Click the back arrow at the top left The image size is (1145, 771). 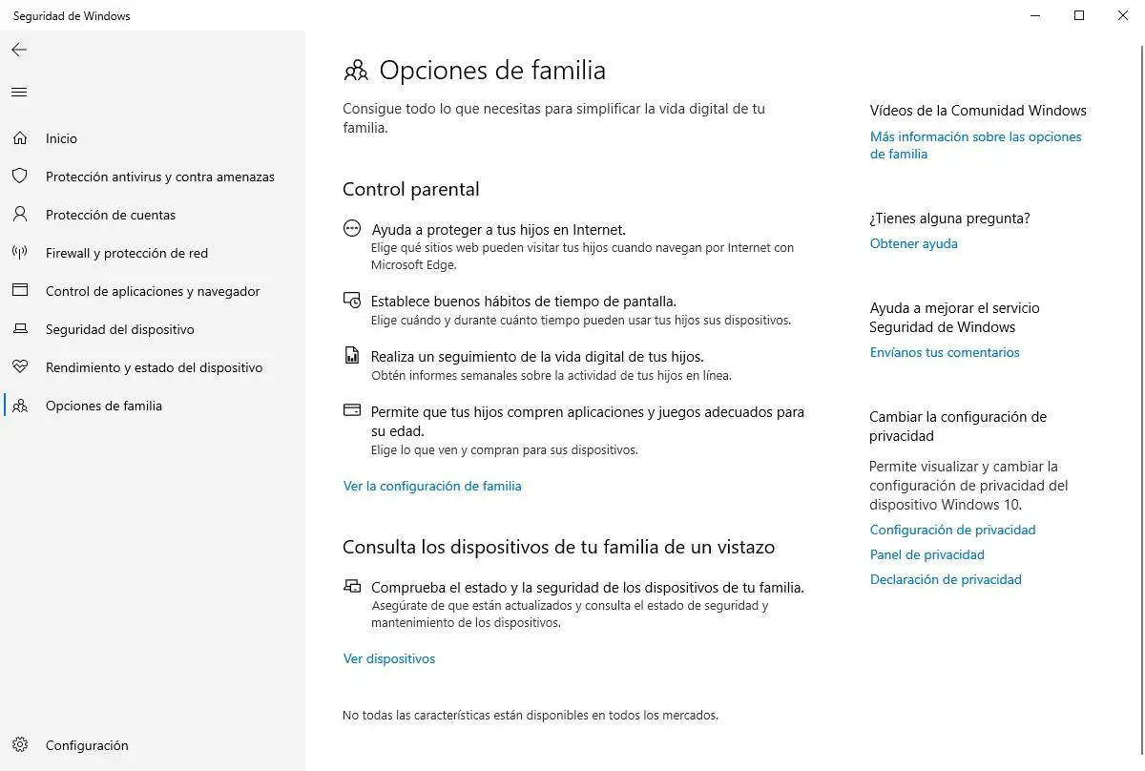coord(19,50)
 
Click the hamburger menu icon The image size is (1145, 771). coord(19,93)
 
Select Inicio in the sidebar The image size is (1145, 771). coord(61,138)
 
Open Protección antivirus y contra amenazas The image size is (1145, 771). coord(159,177)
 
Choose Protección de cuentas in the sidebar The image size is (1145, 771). coord(111,215)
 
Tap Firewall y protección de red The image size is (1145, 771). coord(126,253)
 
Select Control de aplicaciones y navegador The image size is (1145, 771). coord(153,291)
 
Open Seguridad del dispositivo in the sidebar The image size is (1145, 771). coord(119,329)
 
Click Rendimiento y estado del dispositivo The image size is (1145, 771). coord(154,367)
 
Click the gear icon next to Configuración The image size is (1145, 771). coord(20,745)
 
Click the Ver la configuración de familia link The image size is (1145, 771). coord(432,486)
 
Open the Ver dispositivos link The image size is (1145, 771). coord(389,658)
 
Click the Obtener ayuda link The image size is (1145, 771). coord(913,243)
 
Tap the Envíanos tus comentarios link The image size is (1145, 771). coord(945,352)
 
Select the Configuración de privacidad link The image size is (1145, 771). coord(952,530)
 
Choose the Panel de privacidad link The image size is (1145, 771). coord(926,554)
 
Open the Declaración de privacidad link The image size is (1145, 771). coord(946,579)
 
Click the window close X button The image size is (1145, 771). coord(1123,15)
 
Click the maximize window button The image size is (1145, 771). coord(1079,15)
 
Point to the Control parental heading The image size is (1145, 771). coord(410,189)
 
